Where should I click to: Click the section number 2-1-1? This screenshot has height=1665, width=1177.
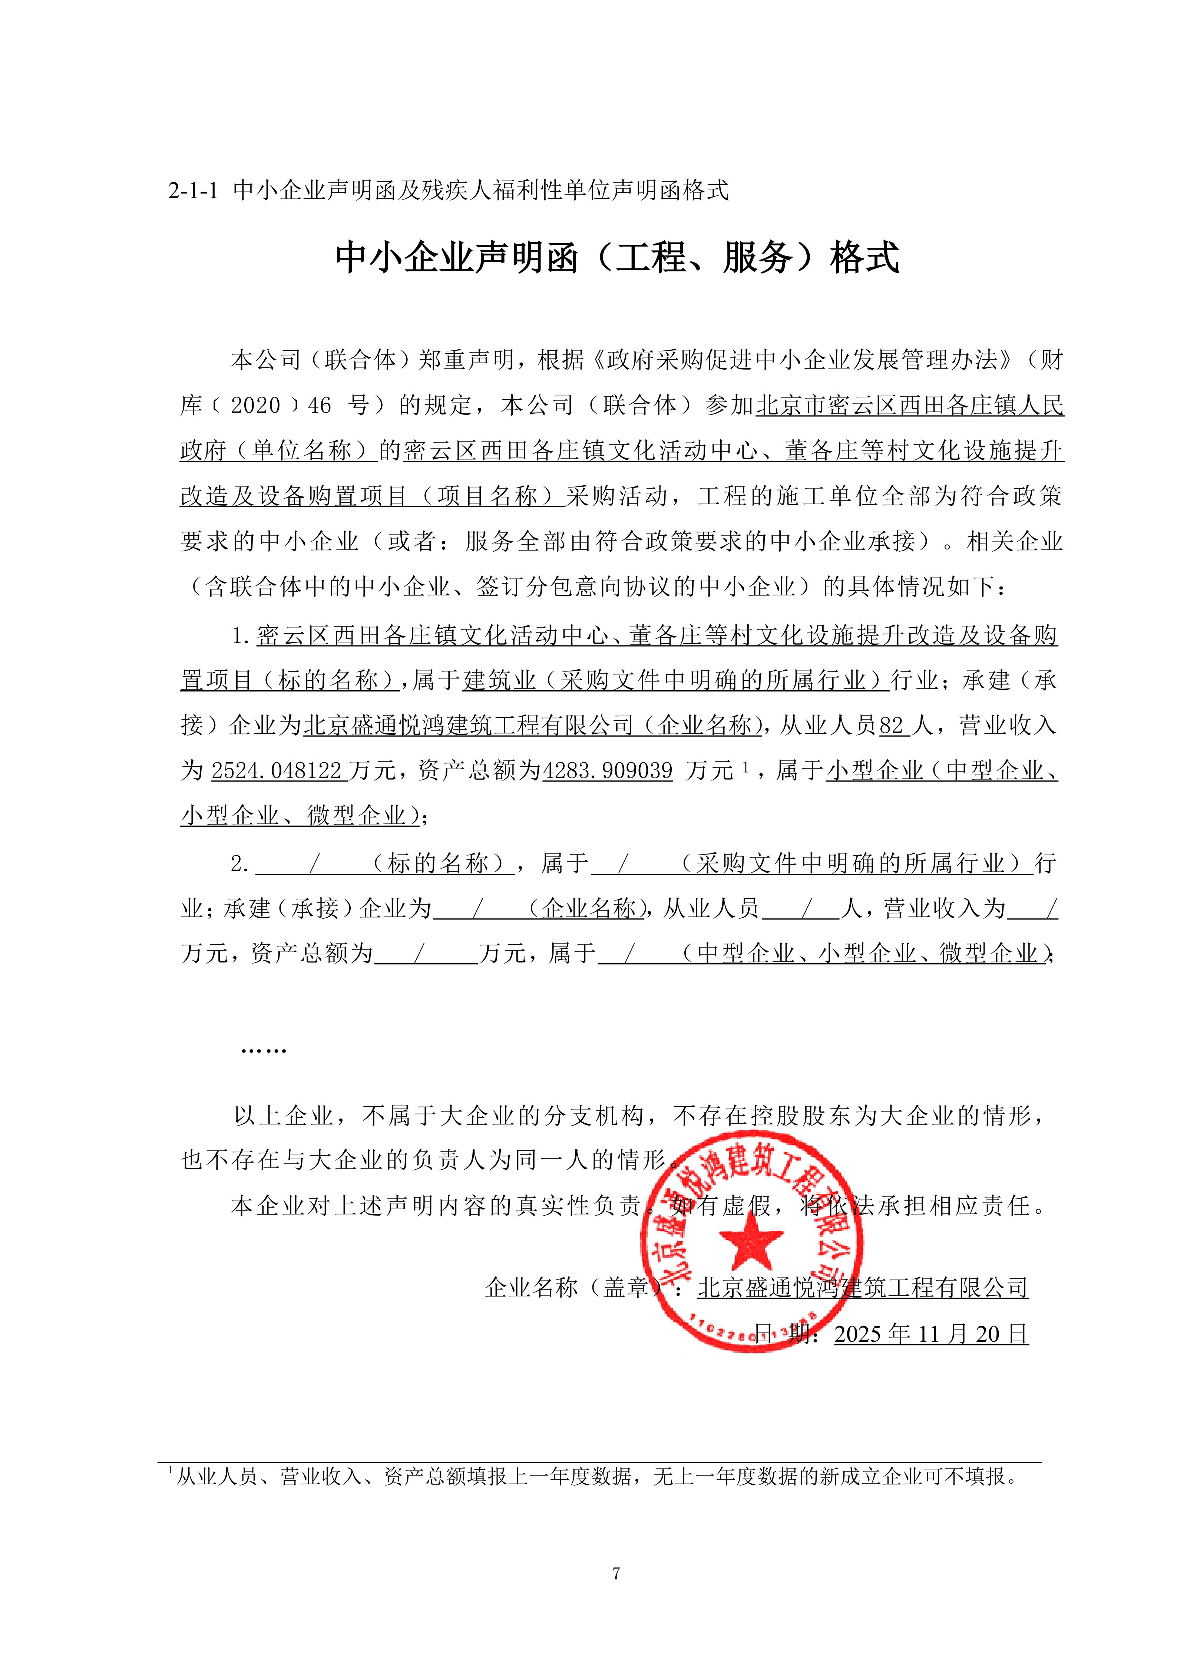(x=193, y=191)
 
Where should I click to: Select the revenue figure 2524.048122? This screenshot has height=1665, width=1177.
(x=276, y=770)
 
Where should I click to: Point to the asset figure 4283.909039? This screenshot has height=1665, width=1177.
(x=608, y=770)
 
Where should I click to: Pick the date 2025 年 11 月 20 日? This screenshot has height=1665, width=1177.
(x=931, y=1333)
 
